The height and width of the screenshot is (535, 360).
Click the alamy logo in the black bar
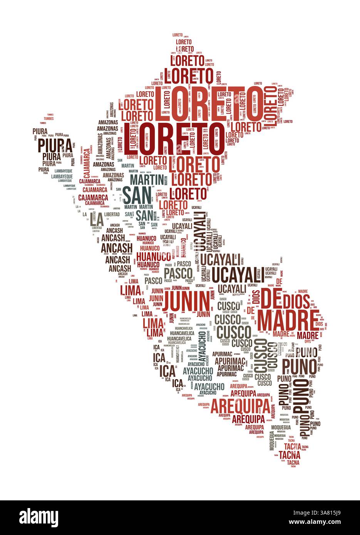coord(42,517)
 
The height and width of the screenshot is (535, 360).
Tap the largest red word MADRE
coord(288,318)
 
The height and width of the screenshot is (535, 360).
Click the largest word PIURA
coord(55,146)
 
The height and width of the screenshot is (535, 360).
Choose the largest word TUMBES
coord(49,119)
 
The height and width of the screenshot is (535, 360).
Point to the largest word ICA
coord(167,371)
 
